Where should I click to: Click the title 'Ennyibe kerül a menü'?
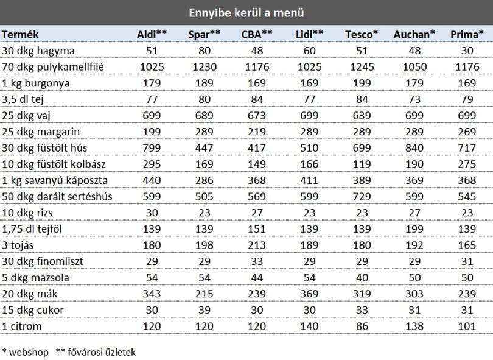pos(246,13)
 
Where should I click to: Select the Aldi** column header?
pos(152,34)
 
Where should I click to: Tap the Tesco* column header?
pos(362,34)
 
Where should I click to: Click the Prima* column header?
pos(467,34)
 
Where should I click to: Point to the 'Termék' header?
pos(20,34)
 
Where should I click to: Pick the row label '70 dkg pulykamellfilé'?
pos(53,67)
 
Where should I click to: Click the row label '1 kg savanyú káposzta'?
pos(55,181)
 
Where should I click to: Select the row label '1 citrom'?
pos(22,326)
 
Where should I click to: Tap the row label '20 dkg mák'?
pos(30,294)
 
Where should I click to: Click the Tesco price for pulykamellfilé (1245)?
pos(362,67)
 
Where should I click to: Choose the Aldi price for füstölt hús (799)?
pos(152,148)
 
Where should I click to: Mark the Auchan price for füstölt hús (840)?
pos(414,148)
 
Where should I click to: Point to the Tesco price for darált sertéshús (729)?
pos(362,197)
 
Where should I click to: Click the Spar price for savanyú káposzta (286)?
pos(205,180)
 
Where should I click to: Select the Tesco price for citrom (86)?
pos(362,326)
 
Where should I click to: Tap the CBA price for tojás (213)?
pos(257,245)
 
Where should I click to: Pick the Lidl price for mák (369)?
pos(309,294)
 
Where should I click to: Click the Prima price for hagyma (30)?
pos(467,51)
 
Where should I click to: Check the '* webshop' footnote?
pos(26,352)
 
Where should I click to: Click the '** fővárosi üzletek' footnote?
pos(96,352)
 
